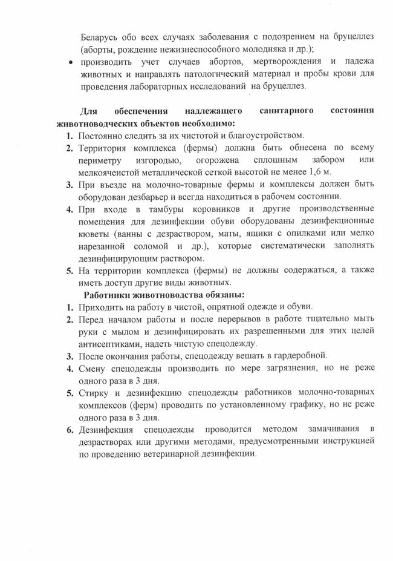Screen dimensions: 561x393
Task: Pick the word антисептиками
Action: pos(107,344)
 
